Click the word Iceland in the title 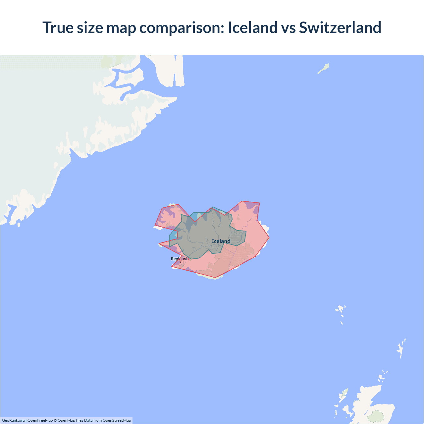pos(252,27)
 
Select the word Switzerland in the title pos(340,27)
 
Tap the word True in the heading pos(58,27)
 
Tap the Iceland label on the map pos(221,241)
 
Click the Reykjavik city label pos(180,259)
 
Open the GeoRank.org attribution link pos(13,420)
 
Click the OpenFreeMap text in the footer pos(40,420)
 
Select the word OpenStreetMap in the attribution pos(117,420)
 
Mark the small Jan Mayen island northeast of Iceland pos(323,69)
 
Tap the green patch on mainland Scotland pos(376,416)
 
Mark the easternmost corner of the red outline pos(269,238)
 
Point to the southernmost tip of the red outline pos(215,278)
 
